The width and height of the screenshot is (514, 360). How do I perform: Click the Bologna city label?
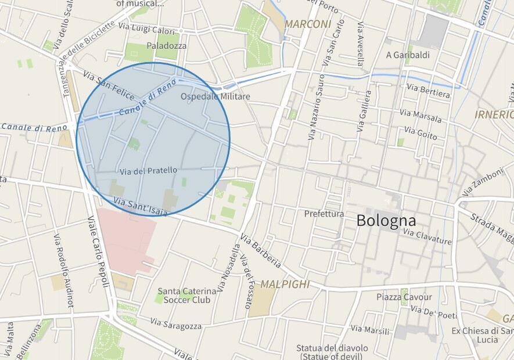(386, 221)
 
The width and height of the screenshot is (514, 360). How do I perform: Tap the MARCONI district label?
(307, 24)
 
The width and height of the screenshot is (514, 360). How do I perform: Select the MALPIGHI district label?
(285, 285)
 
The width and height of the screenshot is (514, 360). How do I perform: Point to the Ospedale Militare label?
(215, 96)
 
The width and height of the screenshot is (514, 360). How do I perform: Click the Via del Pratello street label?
(148, 171)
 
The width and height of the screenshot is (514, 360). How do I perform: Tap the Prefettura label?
(324, 214)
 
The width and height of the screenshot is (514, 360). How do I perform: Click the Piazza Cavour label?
(404, 297)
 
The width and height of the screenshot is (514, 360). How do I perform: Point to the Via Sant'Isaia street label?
(141, 207)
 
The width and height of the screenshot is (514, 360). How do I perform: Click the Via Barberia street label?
(261, 251)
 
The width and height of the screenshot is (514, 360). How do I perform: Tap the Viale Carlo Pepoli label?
(99, 251)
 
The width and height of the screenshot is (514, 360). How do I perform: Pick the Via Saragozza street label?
(176, 324)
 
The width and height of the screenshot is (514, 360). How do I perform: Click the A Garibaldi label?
(408, 55)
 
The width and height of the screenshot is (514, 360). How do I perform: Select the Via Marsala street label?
(420, 116)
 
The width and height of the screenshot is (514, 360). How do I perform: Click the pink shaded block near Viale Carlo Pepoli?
(125, 238)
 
